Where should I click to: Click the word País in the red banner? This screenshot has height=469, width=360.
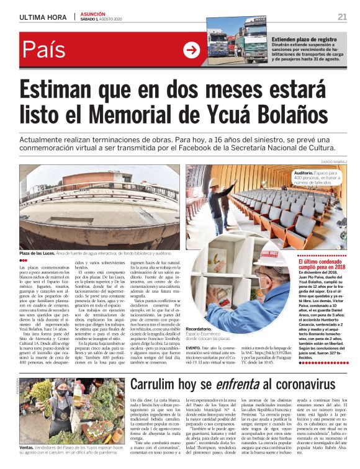(x=46, y=50)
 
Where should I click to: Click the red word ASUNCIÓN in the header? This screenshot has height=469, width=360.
(x=92, y=14)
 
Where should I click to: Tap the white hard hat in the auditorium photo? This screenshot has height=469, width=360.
(x=213, y=182)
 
